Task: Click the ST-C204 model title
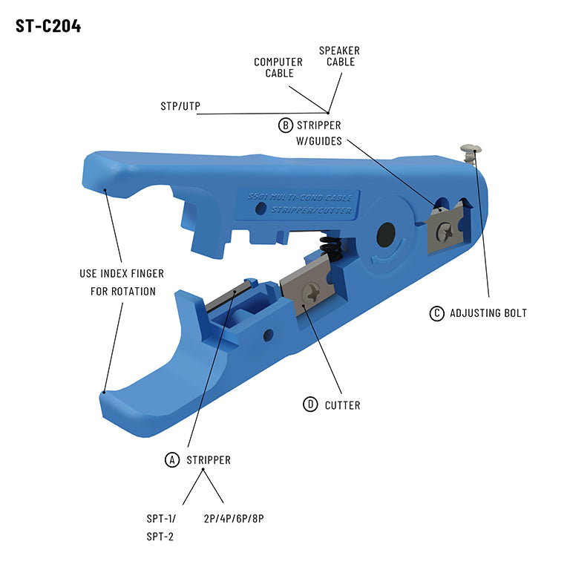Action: tap(48, 26)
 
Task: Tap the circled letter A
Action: tap(172, 460)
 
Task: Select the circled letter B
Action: tap(285, 125)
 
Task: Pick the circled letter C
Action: tap(437, 313)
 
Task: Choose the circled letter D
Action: tap(310, 404)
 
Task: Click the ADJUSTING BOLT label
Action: tap(488, 313)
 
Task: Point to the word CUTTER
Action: tap(342, 405)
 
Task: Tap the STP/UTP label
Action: tap(180, 106)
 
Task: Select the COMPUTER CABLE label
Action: tap(278, 68)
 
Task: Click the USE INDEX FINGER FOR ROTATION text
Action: tap(122, 282)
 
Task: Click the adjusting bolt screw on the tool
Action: tap(469, 153)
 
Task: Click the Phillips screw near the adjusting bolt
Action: tap(444, 231)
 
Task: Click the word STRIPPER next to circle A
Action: tap(209, 460)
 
